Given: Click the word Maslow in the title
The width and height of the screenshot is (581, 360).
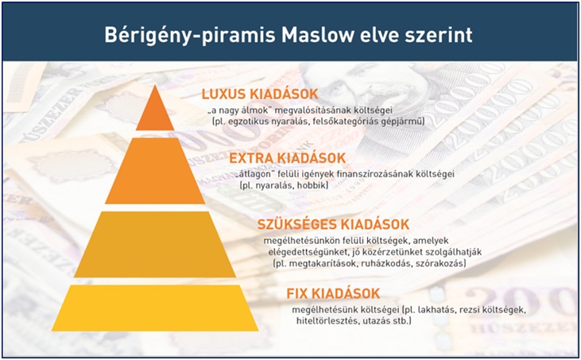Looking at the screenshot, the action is (x=324, y=35).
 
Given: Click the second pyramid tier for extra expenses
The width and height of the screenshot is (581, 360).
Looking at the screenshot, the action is (x=155, y=171).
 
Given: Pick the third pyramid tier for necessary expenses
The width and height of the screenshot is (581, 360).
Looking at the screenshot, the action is (x=155, y=245).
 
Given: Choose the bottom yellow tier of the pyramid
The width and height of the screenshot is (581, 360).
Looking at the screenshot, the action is (x=155, y=308).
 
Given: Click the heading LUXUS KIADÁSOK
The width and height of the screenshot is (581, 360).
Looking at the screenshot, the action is (x=260, y=94).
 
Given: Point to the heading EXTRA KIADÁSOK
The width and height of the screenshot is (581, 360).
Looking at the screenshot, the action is (x=287, y=158).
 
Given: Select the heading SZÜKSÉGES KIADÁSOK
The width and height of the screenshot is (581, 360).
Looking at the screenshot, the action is (x=334, y=224).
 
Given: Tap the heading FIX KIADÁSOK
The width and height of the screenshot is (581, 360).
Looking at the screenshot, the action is (x=333, y=294).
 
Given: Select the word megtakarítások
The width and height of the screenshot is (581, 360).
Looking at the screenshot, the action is (x=320, y=264).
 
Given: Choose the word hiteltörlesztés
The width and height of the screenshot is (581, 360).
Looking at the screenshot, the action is (x=326, y=321).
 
